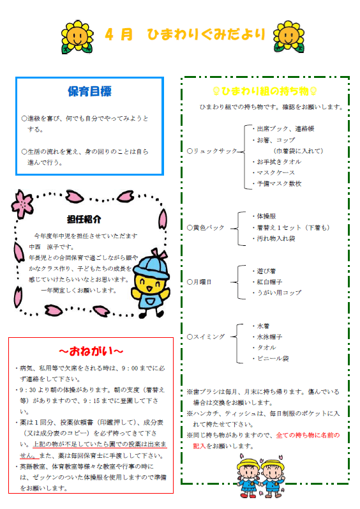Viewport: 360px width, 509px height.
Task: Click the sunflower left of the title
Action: coord(77,36)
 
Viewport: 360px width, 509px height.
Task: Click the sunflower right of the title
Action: coord(289,36)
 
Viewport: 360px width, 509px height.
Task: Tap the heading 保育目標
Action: coord(89,91)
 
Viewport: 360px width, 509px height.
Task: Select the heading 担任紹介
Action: coord(84,220)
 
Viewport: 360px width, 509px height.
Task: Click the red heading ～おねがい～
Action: coord(91,351)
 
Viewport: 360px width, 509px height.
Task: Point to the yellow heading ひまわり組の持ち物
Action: coord(265,91)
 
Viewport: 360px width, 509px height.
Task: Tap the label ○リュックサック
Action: coord(212,151)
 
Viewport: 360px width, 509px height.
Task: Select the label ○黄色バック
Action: coord(206,227)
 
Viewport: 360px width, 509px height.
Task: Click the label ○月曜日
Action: coord(199,282)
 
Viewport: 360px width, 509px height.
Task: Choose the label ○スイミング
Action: coord(206,337)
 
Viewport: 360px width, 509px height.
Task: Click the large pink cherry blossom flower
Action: coord(22,204)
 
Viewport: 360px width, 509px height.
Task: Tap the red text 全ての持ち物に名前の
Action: coord(308,435)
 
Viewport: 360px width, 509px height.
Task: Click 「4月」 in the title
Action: coord(119,34)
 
